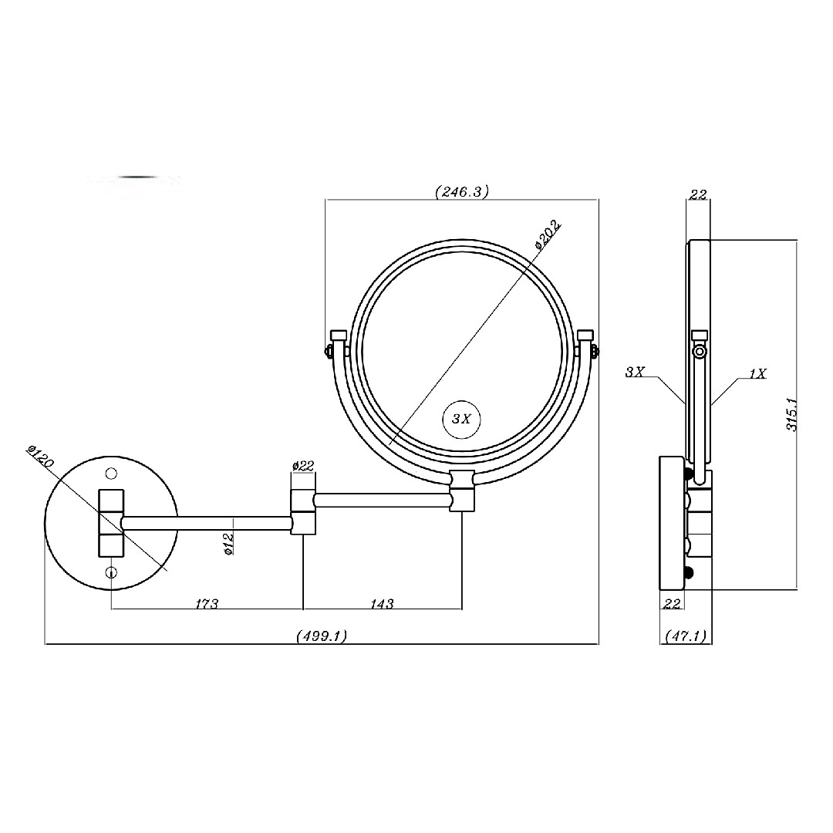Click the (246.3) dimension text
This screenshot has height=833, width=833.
click(x=462, y=191)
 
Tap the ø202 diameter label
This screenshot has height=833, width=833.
click(x=548, y=234)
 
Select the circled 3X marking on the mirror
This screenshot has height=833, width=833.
click(x=461, y=419)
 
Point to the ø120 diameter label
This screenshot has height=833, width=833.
click(x=40, y=456)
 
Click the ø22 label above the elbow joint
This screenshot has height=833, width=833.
click(x=303, y=466)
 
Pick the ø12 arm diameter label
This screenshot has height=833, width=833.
click(x=229, y=544)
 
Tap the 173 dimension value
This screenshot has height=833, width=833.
click(x=207, y=603)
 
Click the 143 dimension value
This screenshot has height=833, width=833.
click(x=382, y=603)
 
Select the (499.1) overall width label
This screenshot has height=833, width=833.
click(x=322, y=636)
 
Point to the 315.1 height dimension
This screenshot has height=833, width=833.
click(x=791, y=414)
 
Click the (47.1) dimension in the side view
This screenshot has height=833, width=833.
click(x=686, y=636)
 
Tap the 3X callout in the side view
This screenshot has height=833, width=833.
click(x=635, y=372)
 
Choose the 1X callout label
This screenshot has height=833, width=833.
click(x=758, y=373)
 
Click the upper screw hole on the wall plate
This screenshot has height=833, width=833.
click(x=111, y=473)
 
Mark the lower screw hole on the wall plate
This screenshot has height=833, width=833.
click(x=111, y=572)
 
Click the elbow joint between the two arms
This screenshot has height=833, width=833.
click(x=303, y=512)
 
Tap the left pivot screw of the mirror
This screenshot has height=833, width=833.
click(x=329, y=351)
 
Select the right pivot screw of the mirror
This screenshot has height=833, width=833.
click(x=595, y=351)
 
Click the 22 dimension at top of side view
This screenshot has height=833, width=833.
click(x=698, y=194)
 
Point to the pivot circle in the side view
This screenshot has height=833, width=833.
click(x=700, y=352)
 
